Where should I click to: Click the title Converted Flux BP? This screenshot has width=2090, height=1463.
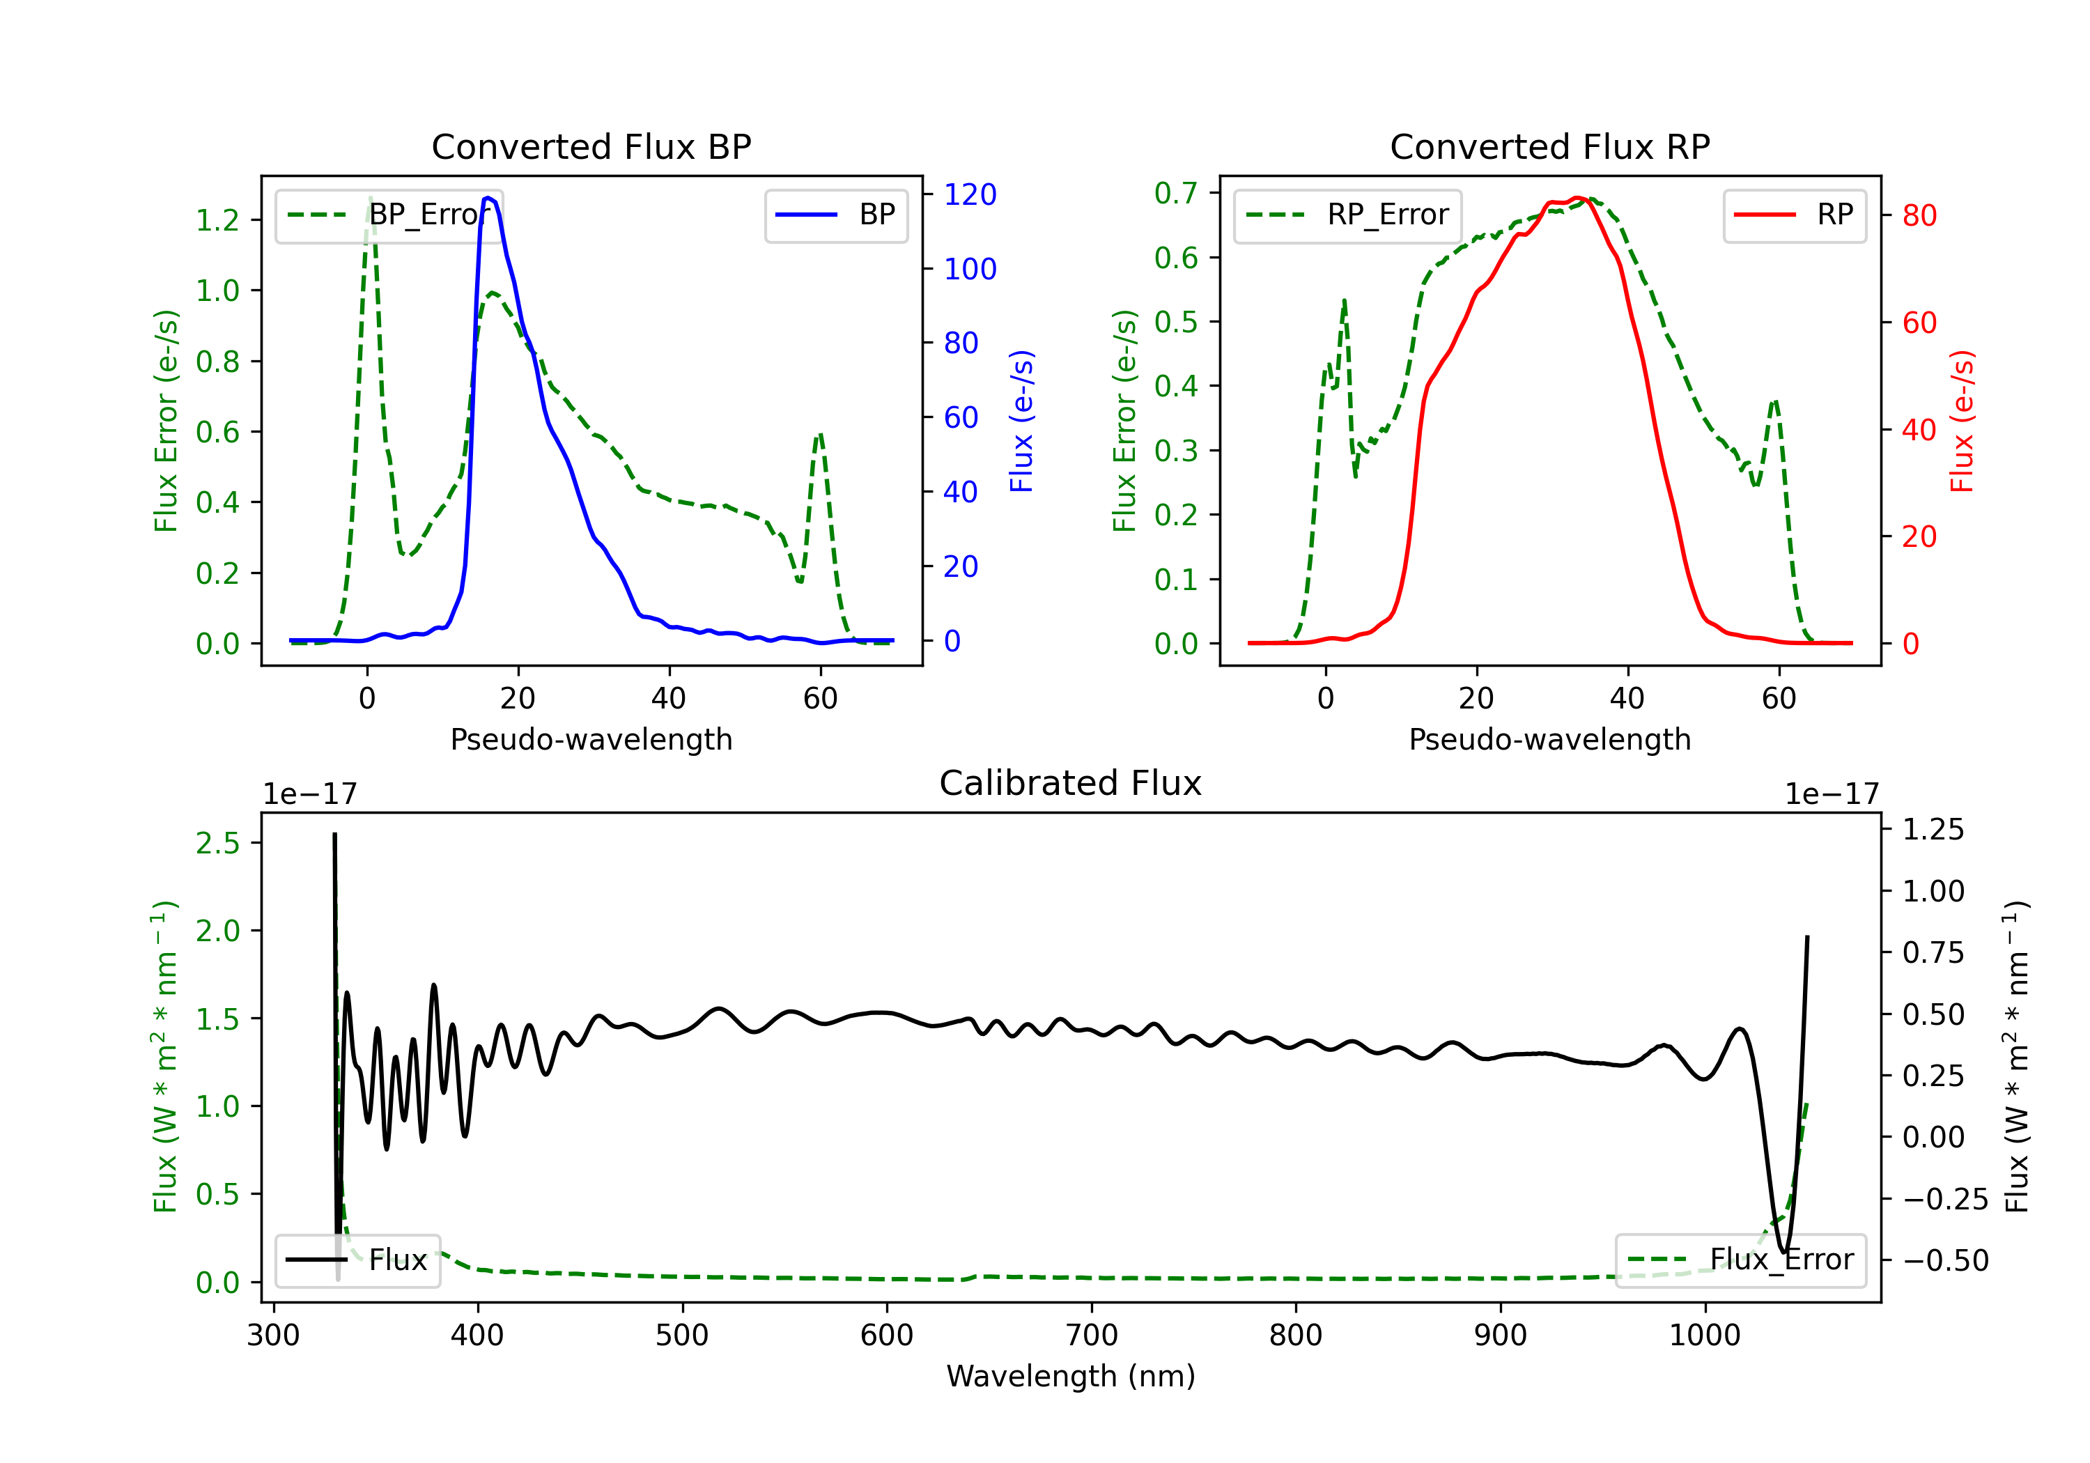(591, 146)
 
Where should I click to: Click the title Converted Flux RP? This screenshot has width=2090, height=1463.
(1549, 146)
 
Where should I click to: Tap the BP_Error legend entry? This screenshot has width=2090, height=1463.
(389, 215)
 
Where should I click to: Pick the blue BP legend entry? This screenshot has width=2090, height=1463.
(835, 215)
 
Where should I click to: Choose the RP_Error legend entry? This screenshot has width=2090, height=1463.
(1347, 215)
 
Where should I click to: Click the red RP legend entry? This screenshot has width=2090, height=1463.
(1794, 215)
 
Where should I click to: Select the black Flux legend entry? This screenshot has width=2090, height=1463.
(357, 1260)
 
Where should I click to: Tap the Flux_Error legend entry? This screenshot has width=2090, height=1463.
(1740, 1260)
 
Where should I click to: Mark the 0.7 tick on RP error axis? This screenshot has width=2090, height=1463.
(1175, 193)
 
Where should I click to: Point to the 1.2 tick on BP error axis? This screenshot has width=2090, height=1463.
(217, 219)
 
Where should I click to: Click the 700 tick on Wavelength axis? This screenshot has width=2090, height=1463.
(1092, 1335)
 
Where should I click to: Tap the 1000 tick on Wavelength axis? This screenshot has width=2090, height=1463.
(1705, 1335)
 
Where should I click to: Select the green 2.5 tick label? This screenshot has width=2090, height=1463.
(217, 843)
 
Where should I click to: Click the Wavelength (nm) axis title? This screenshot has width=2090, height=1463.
(1071, 1376)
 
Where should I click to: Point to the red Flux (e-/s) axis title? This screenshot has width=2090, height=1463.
(1963, 421)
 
